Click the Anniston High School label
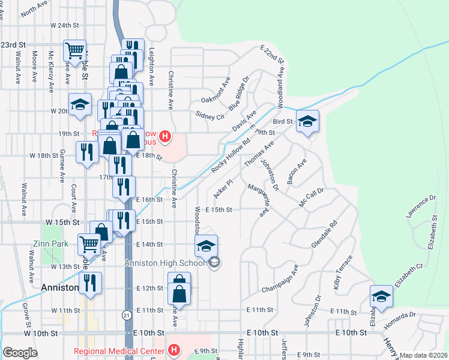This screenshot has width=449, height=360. click(x=165, y=262)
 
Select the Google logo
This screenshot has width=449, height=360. click(x=20, y=353)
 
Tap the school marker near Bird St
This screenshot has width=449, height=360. click(x=307, y=122)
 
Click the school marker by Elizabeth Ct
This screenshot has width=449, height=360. click(x=381, y=297)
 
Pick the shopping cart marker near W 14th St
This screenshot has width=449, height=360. click(x=89, y=244)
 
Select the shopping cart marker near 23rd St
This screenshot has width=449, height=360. click(x=75, y=52)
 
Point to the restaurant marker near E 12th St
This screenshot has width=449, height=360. click(x=90, y=284)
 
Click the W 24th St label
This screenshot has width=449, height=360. click(x=65, y=25)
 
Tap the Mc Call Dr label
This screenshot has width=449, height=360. click(x=312, y=197)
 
